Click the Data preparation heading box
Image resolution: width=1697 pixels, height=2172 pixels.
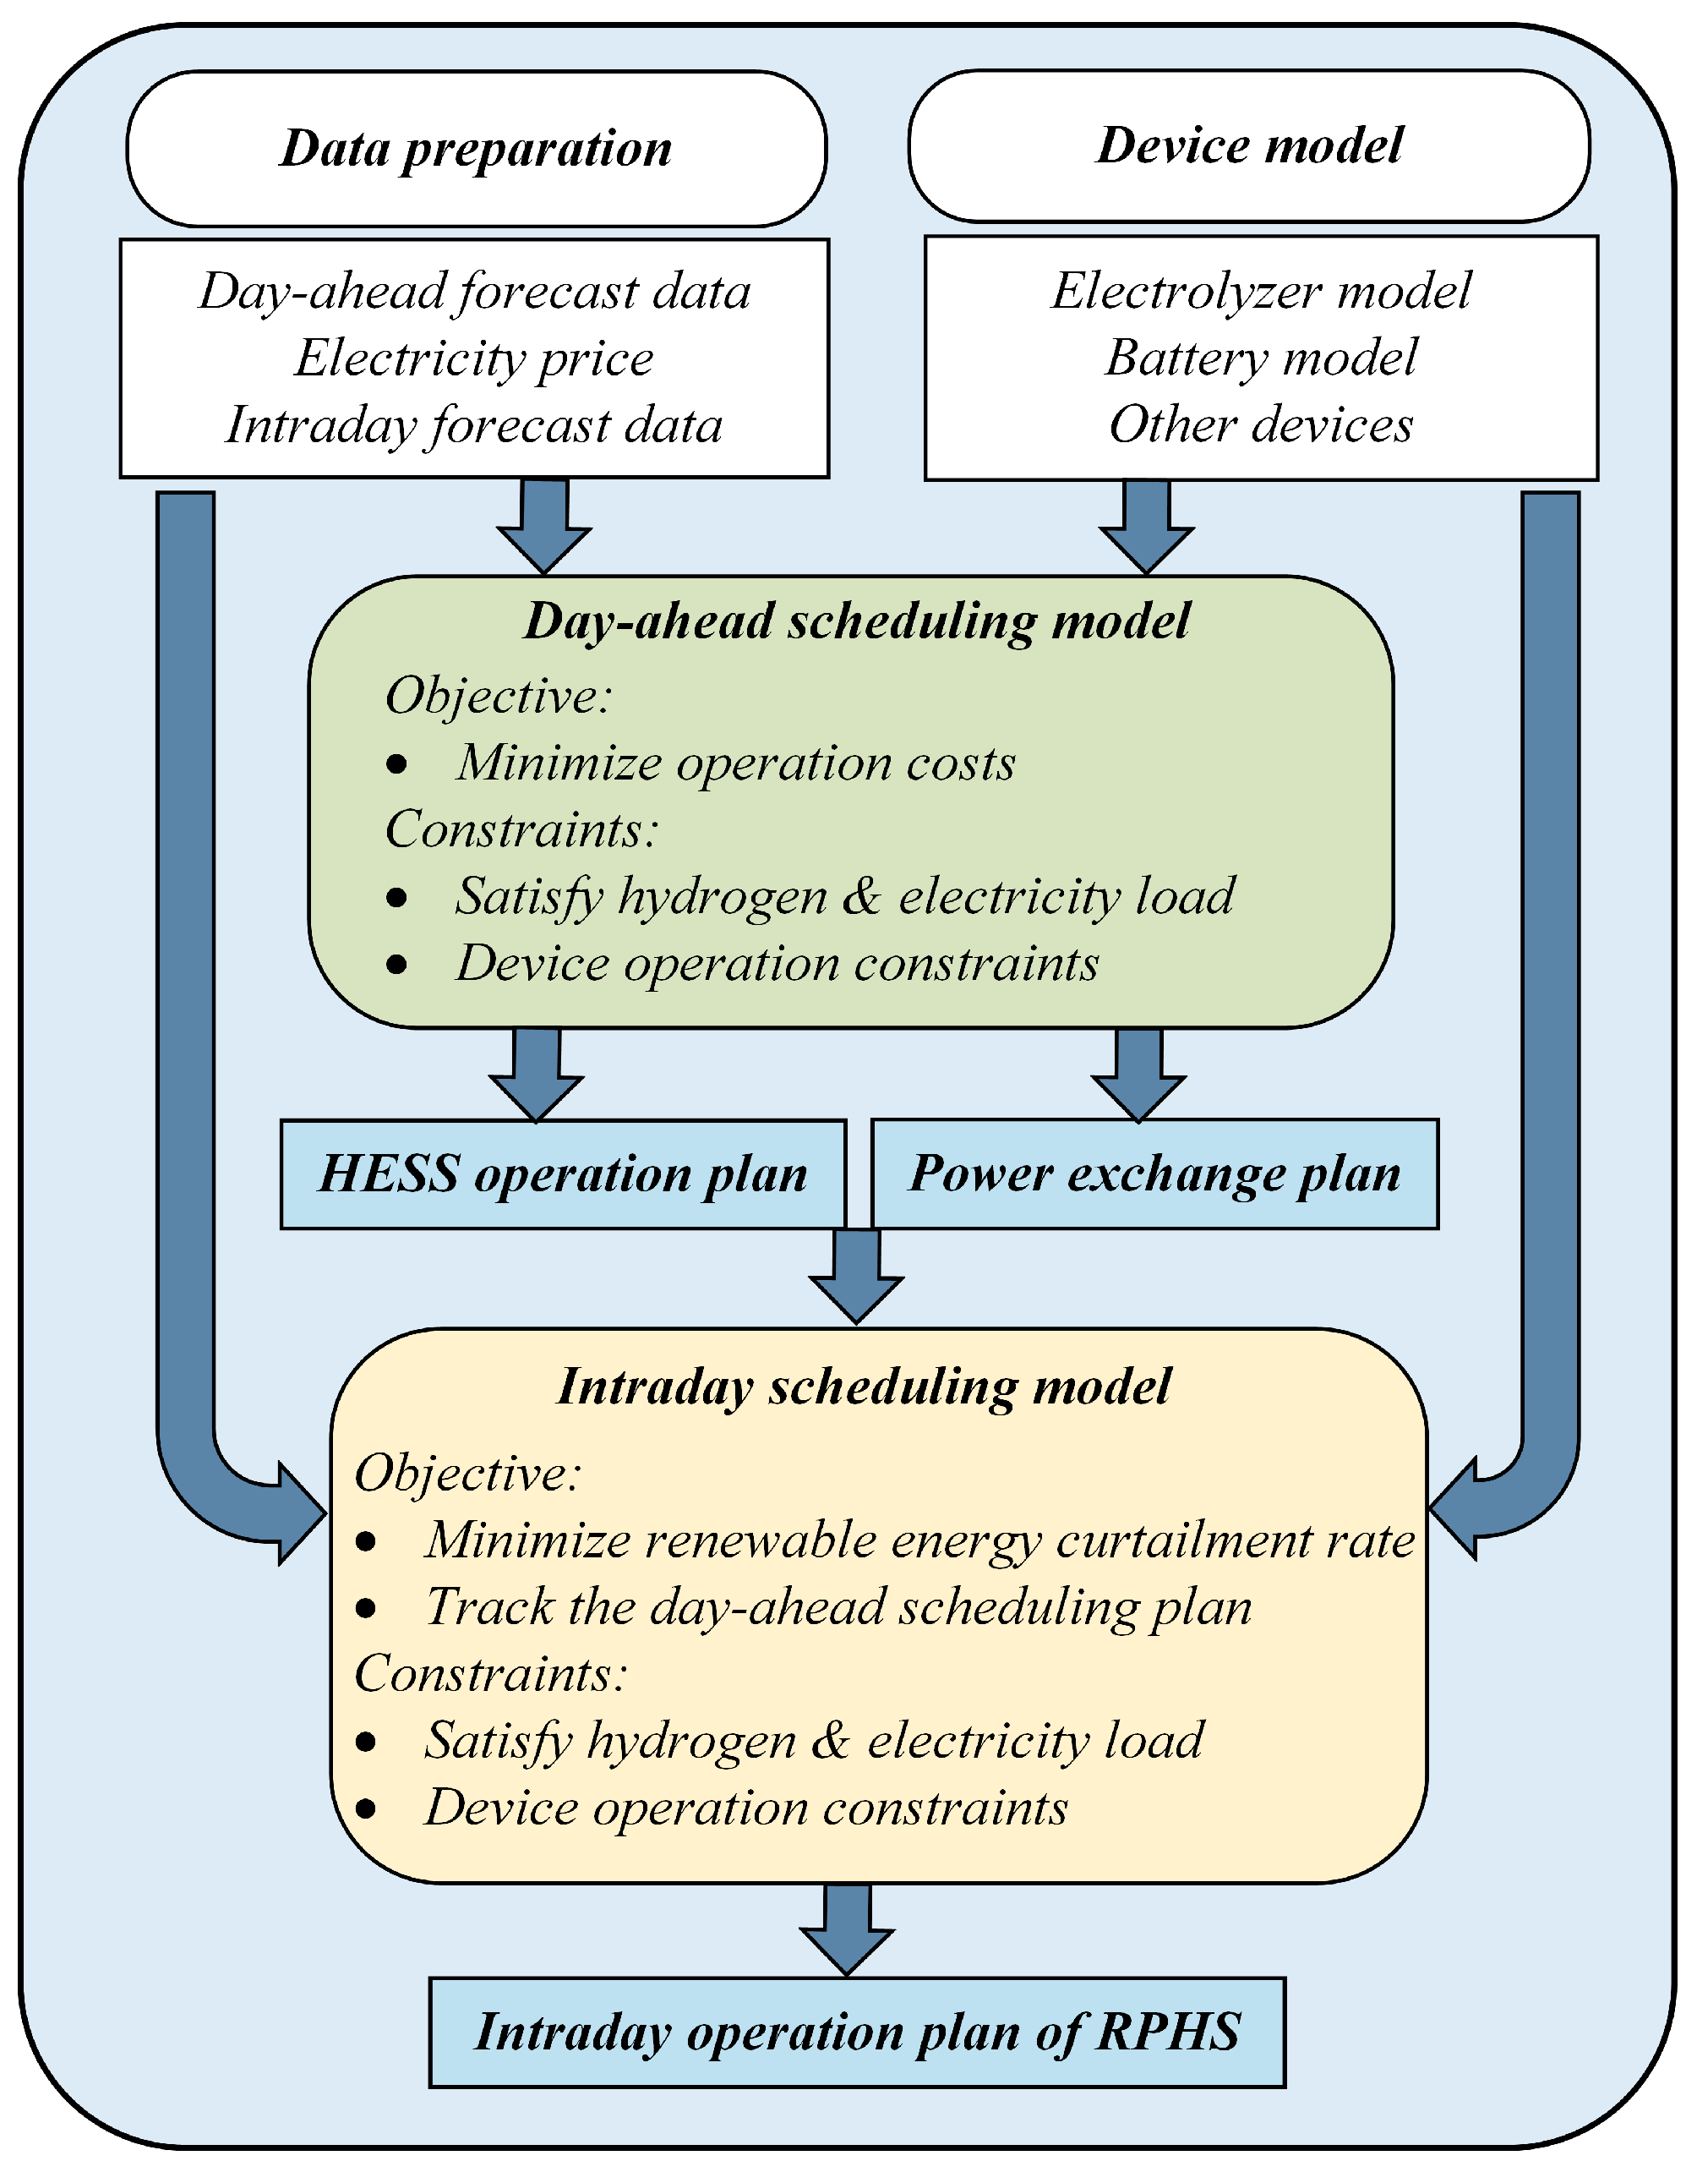(x=476, y=149)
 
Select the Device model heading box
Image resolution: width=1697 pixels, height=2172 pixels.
(x=1248, y=146)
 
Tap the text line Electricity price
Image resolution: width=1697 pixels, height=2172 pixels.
(x=474, y=358)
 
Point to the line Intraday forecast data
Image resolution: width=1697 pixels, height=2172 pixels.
(x=474, y=425)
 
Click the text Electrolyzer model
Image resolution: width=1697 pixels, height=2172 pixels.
(x=1261, y=292)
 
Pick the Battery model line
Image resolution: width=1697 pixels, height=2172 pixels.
(x=1261, y=358)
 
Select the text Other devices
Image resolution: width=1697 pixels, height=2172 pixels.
(x=1261, y=424)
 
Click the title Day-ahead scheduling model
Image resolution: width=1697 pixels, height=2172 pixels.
(x=857, y=621)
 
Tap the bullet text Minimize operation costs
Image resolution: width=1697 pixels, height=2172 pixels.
(x=735, y=763)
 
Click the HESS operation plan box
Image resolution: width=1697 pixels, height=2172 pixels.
(x=563, y=1174)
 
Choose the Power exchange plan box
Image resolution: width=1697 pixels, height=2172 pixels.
(x=1154, y=1174)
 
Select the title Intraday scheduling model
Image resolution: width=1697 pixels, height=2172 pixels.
(x=864, y=1387)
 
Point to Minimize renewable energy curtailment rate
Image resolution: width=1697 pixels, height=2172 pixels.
(x=919, y=1540)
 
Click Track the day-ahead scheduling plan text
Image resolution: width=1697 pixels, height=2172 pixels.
(x=838, y=1607)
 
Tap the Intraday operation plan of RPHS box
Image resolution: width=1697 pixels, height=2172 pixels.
(x=857, y=2032)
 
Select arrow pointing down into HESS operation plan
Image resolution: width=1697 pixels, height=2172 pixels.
(x=537, y=1073)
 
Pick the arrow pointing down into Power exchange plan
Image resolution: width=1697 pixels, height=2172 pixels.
(x=1138, y=1073)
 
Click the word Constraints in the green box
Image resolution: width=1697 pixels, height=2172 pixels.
(x=521, y=829)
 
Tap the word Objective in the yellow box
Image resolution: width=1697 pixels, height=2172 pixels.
(x=467, y=1473)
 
